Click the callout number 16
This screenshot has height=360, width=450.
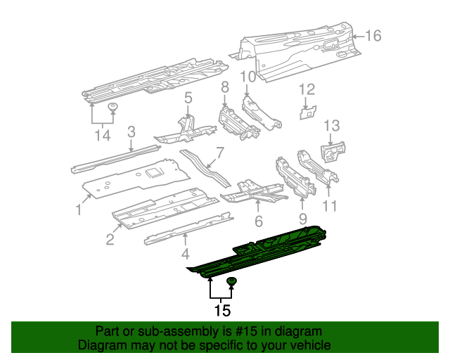(373, 36)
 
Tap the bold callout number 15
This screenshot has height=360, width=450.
(221, 309)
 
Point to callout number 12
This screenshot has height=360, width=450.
(307, 89)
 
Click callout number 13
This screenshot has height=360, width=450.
(331, 126)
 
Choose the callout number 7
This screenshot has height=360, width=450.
(219, 153)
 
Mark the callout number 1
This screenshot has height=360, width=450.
(79, 209)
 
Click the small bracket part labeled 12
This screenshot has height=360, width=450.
(307, 112)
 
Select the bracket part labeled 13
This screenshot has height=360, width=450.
(333, 150)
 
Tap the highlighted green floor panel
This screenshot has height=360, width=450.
(267, 253)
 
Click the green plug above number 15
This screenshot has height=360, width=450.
(231, 283)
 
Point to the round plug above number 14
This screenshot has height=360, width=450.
(112, 107)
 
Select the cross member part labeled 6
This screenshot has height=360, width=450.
(253, 190)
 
